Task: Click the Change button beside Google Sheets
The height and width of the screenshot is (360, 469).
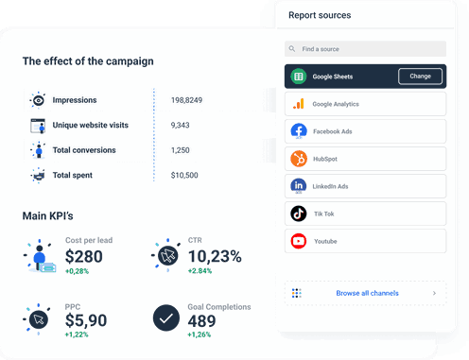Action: coord(420,77)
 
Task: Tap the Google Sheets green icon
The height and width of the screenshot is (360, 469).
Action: coord(298,77)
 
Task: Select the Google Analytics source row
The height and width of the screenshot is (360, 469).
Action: coord(364,104)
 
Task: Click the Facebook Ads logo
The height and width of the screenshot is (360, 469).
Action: coord(298,131)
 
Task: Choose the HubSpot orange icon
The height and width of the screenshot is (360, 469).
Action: coord(298,159)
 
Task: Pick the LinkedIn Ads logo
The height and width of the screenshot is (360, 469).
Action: coord(298,186)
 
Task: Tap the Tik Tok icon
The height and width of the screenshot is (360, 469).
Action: coord(298,214)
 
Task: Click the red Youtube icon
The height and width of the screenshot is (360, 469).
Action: coord(298,241)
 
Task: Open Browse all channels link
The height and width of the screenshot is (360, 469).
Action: coord(367,293)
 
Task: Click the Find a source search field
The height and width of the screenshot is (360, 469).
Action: coord(364,48)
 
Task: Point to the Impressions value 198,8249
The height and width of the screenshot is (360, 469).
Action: coord(187,100)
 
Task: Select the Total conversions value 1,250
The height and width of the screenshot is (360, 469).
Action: coord(180,149)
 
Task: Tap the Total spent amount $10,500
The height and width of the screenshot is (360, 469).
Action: coord(184,175)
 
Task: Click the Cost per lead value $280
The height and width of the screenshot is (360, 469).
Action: coord(83,257)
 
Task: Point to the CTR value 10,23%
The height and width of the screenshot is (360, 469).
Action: coord(215,256)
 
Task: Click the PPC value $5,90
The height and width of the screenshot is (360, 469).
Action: coord(85,321)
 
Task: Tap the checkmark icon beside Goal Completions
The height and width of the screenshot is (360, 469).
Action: coord(166,319)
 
